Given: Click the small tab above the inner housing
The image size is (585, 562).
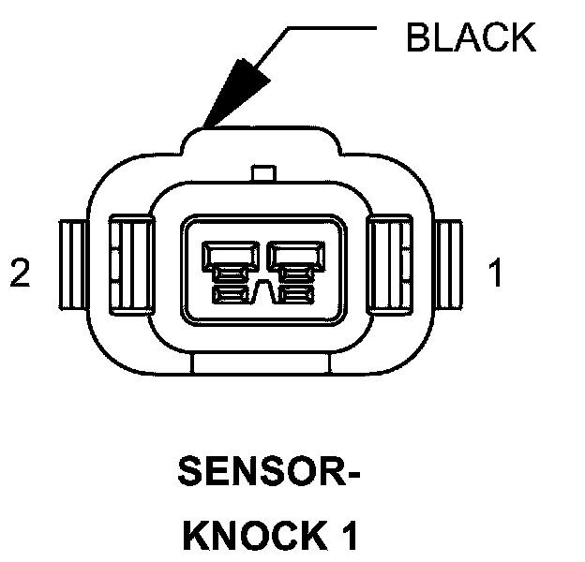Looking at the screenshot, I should [x=263, y=172].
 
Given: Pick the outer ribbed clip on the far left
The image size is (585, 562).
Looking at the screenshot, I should [x=73, y=267].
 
